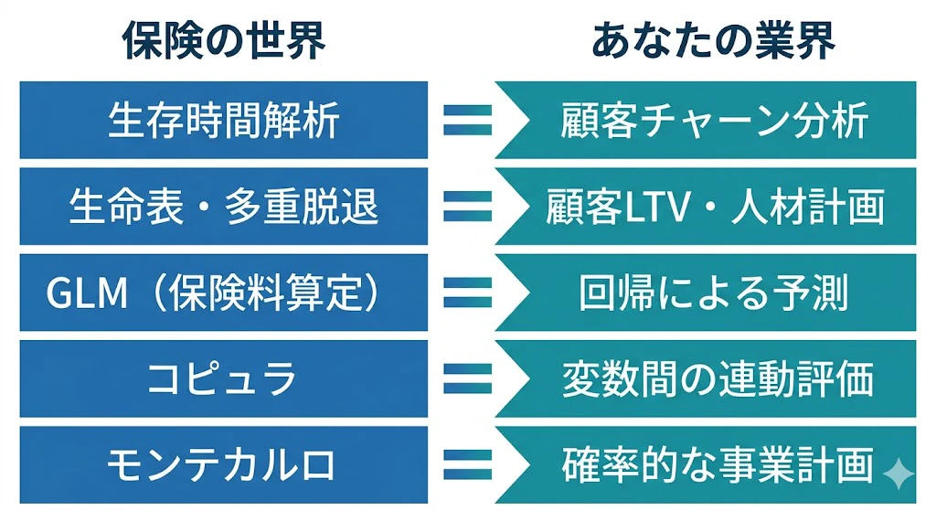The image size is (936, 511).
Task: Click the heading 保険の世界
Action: point(224,40)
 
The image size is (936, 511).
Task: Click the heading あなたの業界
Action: point(713,40)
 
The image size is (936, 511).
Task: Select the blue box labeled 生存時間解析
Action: point(224,120)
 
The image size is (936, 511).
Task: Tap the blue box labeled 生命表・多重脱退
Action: point(224,207)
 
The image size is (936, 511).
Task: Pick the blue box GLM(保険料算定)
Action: point(224,293)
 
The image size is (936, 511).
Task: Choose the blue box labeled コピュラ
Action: point(224,378)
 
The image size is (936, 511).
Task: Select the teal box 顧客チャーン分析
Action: point(710,120)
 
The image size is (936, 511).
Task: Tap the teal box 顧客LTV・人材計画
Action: point(710,207)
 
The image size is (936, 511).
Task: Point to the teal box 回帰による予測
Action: point(710,293)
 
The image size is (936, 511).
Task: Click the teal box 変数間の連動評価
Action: point(710,378)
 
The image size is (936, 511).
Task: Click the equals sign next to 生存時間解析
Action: point(468,120)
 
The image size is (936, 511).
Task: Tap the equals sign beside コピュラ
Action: point(468,378)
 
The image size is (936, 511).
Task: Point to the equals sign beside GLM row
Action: point(468,293)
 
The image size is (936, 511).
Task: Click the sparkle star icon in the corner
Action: point(899,474)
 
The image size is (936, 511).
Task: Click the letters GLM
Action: point(87,293)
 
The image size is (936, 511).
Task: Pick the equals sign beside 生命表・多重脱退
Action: point(468,207)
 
